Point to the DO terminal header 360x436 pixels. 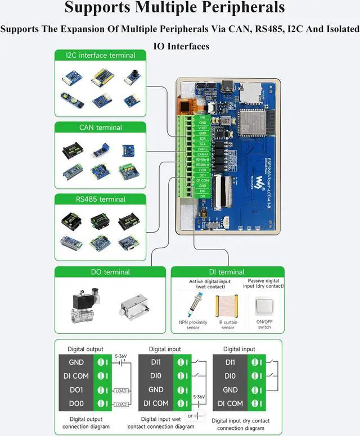(x=110, y=272)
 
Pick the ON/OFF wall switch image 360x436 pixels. (x=264, y=307)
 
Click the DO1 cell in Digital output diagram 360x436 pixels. (x=76, y=389)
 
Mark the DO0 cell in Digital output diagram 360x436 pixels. (x=76, y=403)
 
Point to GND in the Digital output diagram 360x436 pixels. (x=76, y=362)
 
